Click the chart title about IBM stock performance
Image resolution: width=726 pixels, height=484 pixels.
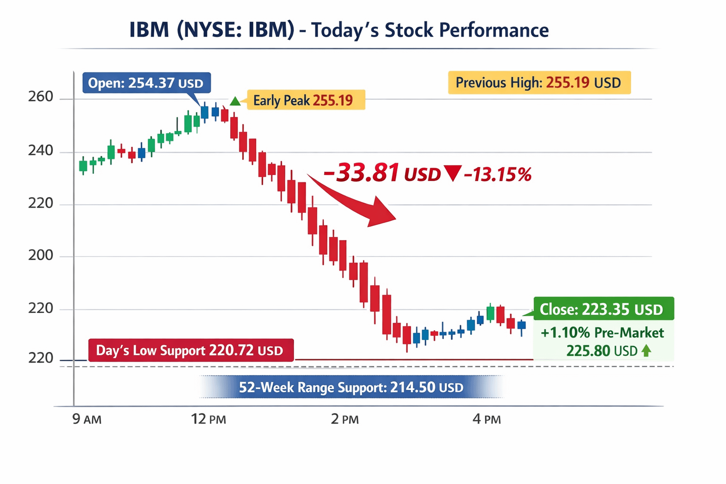339,30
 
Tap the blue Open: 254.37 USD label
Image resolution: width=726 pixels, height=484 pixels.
146,83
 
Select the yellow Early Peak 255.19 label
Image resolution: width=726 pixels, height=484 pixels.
303,100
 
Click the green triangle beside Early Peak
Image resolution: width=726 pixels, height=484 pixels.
235,101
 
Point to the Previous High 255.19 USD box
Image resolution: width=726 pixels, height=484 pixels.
539,83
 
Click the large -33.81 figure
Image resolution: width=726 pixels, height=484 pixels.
362,173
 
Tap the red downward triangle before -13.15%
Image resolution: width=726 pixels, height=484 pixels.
453,173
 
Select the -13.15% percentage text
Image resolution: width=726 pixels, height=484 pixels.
498,174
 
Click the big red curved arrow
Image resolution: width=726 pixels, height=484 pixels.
359,200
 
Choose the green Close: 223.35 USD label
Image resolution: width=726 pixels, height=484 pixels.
603,309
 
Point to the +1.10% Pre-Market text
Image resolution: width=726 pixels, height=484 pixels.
602,333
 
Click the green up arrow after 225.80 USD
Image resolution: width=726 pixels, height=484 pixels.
647,351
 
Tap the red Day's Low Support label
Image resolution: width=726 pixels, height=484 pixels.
191,350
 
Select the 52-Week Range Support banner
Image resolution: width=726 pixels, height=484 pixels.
351,388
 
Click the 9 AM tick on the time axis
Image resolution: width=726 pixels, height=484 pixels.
86,419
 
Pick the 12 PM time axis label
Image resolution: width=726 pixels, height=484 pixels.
208,419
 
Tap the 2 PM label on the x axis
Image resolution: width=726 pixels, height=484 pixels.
345,419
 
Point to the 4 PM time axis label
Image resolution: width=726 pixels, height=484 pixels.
486,419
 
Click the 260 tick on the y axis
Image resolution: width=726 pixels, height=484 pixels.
41,97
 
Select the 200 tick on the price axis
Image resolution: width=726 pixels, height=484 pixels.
41,255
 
